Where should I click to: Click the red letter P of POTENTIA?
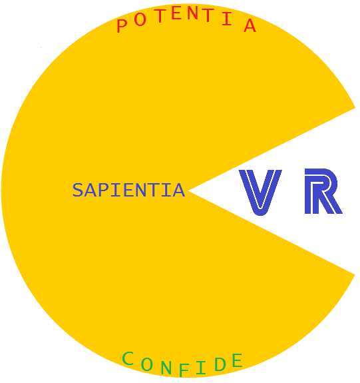[122, 26]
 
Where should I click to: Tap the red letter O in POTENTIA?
[140, 19]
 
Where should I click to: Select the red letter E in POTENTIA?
[176, 13]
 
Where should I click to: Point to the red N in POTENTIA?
[193, 13]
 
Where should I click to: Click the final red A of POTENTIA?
[250, 26]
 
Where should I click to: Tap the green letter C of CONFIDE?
[128, 358]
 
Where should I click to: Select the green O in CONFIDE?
[147, 364]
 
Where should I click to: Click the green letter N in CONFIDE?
[166, 368]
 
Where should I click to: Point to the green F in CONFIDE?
[184, 370]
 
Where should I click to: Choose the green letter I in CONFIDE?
[201, 368]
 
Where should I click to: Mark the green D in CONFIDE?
[220, 364]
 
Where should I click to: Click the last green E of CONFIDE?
[238, 360]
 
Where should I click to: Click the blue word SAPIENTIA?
[128, 190]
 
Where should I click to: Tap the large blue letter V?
[260, 192]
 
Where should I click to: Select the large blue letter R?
[323, 191]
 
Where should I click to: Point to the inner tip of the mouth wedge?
[189, 191]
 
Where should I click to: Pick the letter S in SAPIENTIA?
[78, 190]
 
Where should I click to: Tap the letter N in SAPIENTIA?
[140, 190]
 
